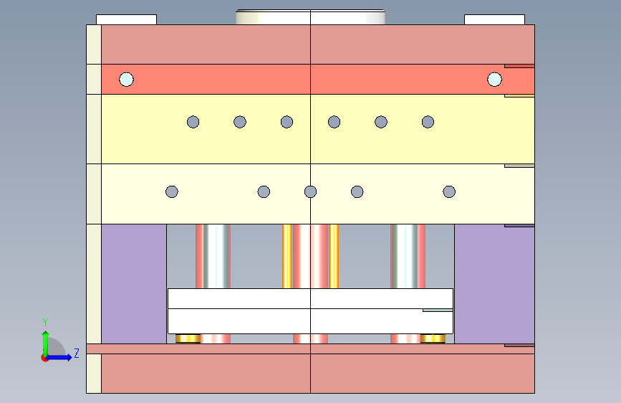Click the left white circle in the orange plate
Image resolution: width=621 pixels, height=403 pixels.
point(126,79)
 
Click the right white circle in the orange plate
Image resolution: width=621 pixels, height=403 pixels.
point(494,79)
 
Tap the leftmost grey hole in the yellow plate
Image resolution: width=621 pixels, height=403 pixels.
point(193,122)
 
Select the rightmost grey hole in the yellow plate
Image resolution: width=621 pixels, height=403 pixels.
point(428,122)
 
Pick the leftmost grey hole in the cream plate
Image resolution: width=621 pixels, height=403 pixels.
point(172,191)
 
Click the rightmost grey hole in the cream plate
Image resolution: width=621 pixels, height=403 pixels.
point(449,191)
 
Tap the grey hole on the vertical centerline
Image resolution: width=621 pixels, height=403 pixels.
point(310,191)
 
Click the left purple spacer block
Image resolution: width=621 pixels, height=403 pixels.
point(134,283)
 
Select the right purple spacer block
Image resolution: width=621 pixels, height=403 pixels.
point(494,283)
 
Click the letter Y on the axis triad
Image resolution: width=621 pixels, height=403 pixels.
point(44,322)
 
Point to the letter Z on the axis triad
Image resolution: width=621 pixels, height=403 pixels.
point(76,353)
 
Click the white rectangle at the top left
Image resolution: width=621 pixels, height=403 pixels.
point(126,19)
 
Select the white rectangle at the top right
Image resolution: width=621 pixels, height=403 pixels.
point(494,19)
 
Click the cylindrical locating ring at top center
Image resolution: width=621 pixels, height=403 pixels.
point(310,16)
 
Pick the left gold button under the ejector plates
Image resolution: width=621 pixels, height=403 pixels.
point(188,338)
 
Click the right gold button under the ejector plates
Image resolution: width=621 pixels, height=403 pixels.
point(433,338)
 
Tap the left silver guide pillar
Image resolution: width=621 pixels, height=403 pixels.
point(213,256)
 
